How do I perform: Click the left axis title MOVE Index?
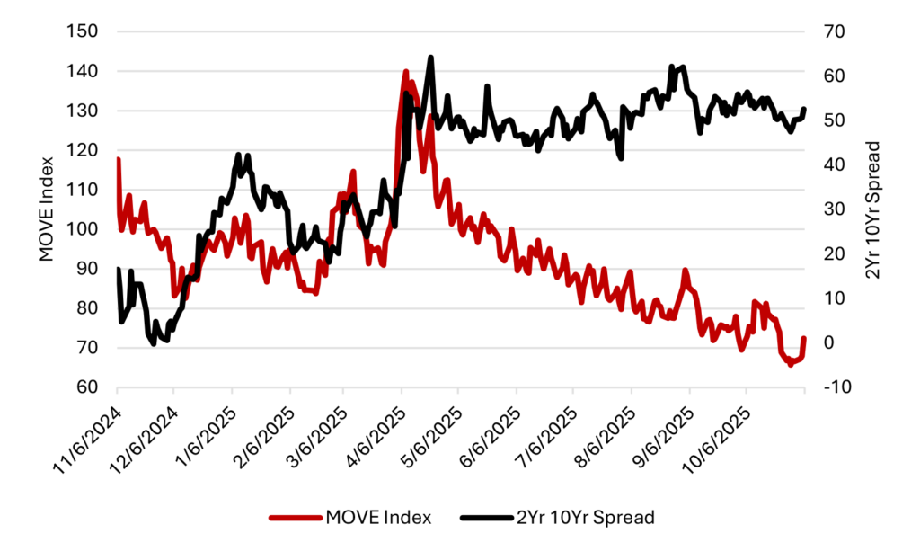coord(47,209)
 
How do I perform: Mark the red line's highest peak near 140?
coord(406,71)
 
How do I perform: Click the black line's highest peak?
coord(431,58)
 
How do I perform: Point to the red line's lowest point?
coord(791,364)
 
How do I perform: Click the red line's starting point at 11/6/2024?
coord(118,159)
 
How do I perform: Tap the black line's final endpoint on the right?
coord(804,109)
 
